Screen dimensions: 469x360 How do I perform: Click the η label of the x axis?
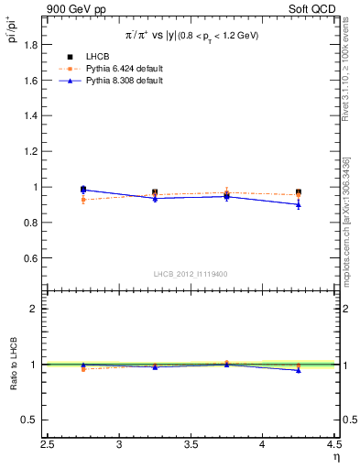click(334, 458)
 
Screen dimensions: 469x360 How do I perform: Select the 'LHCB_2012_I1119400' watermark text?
click(191, 274)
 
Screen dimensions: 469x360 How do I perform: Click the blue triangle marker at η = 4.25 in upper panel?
click(298, 204)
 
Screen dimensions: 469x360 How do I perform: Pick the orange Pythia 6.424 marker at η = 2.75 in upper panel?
click(83, 199)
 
